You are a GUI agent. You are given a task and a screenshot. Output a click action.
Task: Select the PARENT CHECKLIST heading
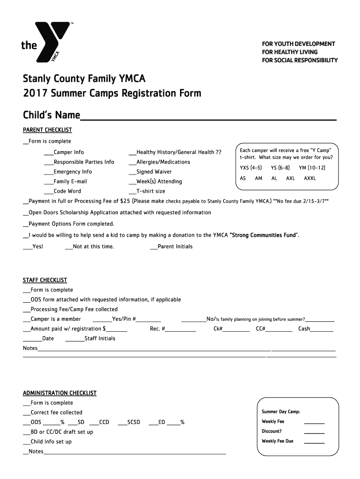point(47,130)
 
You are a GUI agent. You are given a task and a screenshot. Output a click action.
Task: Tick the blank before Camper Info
point(49,152)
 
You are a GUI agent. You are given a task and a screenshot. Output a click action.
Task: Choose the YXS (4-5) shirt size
point(251,167)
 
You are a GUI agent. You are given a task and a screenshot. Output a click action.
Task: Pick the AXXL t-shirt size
point(310,178)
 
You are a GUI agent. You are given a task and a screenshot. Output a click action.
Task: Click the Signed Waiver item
point(154,172)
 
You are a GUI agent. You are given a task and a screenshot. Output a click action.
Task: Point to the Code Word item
point(67,191)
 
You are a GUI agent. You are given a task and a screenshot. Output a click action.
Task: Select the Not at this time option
point(93,247)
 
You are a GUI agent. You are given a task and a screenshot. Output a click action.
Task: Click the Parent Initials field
point(175,247)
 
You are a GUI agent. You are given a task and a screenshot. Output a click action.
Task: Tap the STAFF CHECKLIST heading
point(45,280)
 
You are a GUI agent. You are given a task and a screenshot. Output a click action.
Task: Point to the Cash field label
point(304,329)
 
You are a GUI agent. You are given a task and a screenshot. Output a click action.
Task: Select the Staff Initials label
point(100,338)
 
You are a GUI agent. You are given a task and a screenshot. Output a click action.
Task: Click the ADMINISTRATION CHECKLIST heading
point(60,393)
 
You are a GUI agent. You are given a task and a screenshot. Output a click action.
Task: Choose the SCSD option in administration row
point(133,422)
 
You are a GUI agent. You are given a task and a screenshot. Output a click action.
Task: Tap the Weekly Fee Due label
point(278,441)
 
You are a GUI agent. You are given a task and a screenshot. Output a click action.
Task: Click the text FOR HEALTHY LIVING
point(289,52)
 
